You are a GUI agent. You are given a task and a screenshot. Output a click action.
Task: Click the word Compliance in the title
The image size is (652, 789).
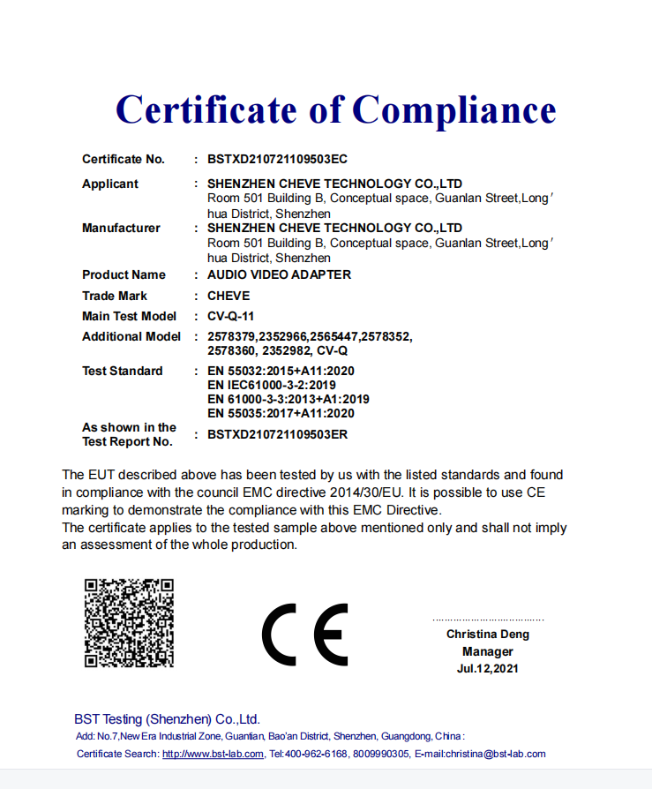pyautogui.click(x=454, y=109)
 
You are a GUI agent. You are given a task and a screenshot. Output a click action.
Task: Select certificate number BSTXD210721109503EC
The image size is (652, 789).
pyautogui.click(x=277, y=160)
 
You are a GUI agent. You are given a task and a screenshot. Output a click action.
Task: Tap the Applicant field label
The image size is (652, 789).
pyautogui.click(x=110, y=184)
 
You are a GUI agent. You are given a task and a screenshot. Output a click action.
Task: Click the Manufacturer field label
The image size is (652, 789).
pyautogui.click(x=121, y=229)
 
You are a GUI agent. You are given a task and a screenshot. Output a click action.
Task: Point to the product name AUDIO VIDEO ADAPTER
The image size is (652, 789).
pyautogui.click(x=279, y=275)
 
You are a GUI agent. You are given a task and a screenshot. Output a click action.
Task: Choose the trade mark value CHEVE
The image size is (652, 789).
pyautogui.click(x=229, y=297)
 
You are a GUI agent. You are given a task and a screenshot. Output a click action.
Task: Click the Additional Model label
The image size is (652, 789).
pyautogui.click(x=131, y=337)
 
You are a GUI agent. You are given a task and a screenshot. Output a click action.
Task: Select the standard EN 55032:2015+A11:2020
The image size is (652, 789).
pyautogui.click(x=281, y=372)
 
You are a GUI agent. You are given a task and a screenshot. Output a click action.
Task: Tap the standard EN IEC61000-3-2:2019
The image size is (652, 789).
pyautogui.click(x=272, y=386)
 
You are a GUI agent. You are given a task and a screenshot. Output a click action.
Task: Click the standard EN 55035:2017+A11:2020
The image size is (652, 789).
pyautogui.click(x=281, y=413)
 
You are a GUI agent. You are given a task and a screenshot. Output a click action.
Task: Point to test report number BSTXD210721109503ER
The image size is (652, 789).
pyautogui.click(x=277, y=435)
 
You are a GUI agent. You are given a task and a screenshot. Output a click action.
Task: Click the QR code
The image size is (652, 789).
pyautogui.click(x=129, y=623)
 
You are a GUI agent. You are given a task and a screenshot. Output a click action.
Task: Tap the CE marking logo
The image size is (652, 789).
pyautogui.click(x=305, y=635)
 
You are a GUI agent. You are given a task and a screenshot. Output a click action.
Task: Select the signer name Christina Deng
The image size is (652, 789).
pyautogui.click(x=488, y=635)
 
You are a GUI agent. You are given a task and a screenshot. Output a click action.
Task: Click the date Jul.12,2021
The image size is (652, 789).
pyautogui.click(x=488, y=669)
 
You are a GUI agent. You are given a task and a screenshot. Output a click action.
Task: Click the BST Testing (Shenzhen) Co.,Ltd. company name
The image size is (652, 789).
pyautogui.click(x=167, y=719)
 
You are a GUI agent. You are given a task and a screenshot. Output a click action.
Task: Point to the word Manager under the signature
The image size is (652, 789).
pyautogui.click(x=488, y=652)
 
